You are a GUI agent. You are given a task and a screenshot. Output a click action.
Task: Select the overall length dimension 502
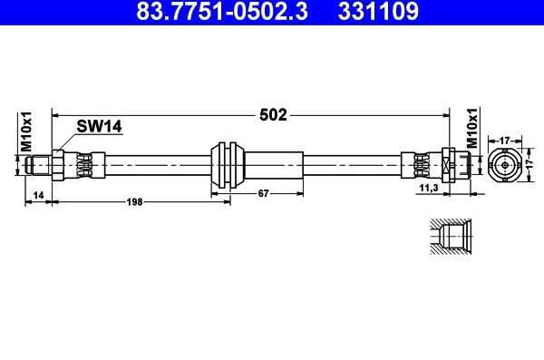(274, 115)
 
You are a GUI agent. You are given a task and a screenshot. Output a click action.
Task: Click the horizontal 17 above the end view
(508, 140)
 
